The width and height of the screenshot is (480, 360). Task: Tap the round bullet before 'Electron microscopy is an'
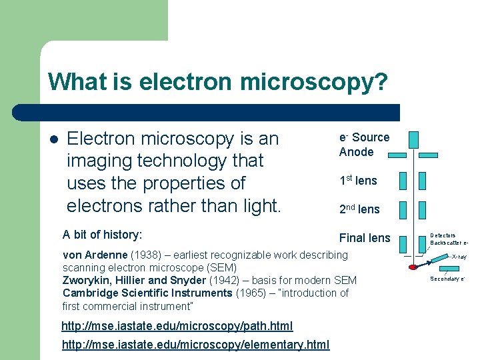click(x=53, y=140)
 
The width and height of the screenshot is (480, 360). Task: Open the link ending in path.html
click(x=177, y=326)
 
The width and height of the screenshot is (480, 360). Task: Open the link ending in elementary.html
click(x=195, y=344)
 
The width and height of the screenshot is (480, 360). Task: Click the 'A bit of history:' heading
click(x=102, y=235)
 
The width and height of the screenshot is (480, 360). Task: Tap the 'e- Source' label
click(x=364, y=137)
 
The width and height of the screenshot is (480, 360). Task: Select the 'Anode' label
click(x=356, y=152)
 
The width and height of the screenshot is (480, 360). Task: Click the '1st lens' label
click(x=358, y=181)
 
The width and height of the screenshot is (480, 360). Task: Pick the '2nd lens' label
click(x=359, y=209)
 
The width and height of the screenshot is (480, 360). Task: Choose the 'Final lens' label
click(x=365, y=238)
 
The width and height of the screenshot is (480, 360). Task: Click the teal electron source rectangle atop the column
click(x=414, y=139)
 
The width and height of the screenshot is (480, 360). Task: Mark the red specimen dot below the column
click(x=413, y=267)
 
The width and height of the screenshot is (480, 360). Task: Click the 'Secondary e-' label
click(x=447, y=279)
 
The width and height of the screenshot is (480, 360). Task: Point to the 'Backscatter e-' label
click(x=449, y=243)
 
